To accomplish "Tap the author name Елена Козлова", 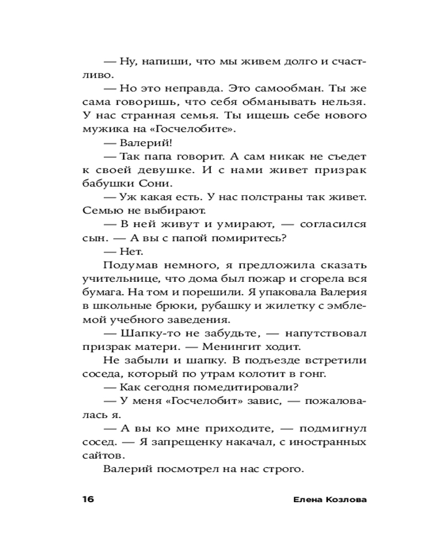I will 329,499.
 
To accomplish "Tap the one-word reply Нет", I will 128,251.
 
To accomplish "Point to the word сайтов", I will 99,455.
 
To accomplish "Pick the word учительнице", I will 115,278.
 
